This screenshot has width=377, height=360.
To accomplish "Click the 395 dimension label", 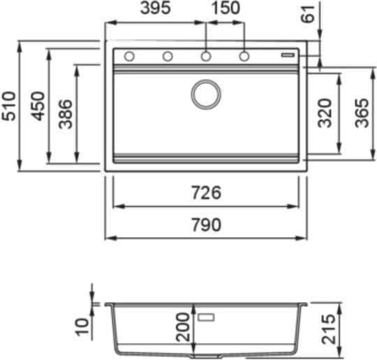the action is coord(156,8).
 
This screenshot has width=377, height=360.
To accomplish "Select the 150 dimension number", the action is coord(226,8).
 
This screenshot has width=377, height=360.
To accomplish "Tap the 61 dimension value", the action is coord(309,15).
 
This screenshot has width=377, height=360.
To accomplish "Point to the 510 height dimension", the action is coord(8,106).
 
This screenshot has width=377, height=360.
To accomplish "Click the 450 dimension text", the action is coord(38,106).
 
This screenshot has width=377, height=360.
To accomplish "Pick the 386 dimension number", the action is coord(66,114).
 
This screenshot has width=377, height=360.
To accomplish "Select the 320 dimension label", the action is coord(325,113).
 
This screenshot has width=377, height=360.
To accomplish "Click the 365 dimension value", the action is coord(362,113).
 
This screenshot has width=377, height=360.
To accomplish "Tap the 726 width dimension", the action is coord(206,193).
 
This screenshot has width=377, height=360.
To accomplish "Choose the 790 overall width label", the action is coord(206,224).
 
